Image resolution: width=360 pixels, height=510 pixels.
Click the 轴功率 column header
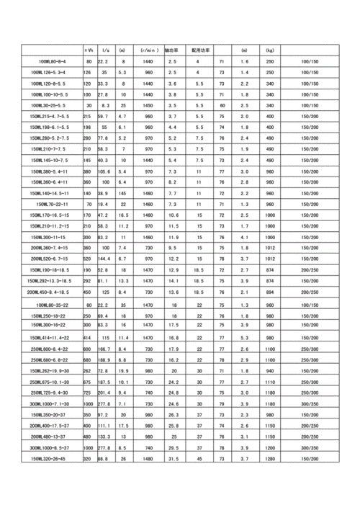(172, 51)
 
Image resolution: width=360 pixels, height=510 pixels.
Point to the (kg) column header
(270, 51)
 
